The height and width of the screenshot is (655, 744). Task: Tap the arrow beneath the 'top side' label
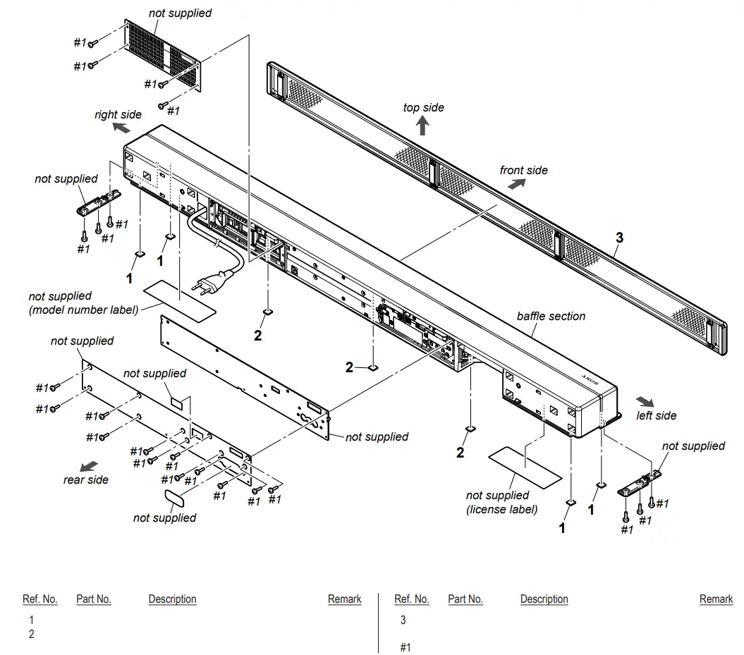click(x=422, y=126)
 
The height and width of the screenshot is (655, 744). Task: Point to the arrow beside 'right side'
click(x=121, y=128)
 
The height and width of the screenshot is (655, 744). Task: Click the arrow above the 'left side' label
click(x=643, y=399)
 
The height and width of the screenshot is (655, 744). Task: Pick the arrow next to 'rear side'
click(x=89, y=467)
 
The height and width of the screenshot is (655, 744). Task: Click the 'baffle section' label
click(x=551, y=316)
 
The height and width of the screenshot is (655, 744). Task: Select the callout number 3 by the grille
click(x=619, y=238)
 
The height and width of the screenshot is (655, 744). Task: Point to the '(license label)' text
click(x=501, y=509)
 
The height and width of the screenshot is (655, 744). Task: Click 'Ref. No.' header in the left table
click(x=39, y=599)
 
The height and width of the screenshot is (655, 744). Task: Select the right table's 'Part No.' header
click(x=465, y=599)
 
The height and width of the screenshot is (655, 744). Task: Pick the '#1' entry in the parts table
click(x=405, y=647)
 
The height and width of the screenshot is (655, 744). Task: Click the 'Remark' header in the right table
click(x=716, y=599)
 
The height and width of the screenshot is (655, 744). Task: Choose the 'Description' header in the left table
click(x=172, y=599)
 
